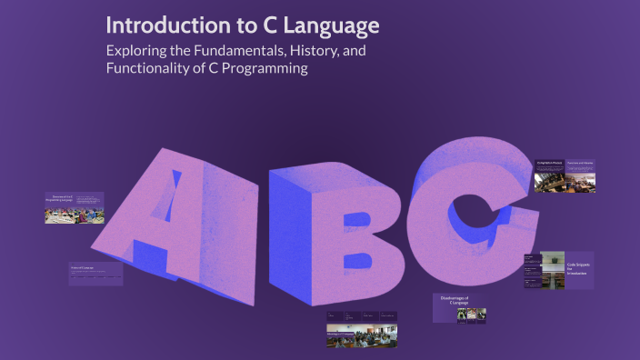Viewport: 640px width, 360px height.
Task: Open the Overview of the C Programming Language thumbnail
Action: (x=75, y=208)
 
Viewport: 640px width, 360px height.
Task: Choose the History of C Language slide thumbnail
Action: (x=95, y=274)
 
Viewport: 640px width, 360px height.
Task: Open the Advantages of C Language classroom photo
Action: (x=362, y=337)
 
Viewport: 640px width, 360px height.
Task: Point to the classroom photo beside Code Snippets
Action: (x=553, y=267)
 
